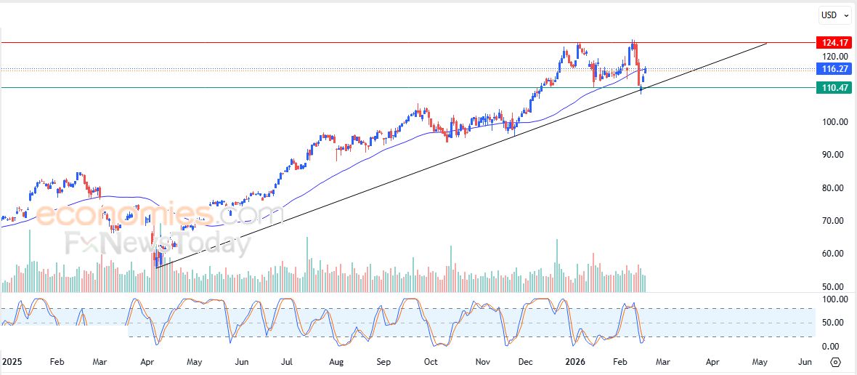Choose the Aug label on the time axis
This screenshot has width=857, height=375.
pos(336,361)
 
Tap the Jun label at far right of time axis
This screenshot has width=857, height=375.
pos(805,361)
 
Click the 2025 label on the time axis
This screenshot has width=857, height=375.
pos(12,361)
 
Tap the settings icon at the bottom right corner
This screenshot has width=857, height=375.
pos(835,362)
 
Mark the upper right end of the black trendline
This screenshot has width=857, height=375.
pos(767,44)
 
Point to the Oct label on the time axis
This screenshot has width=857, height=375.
pos(431,361)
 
